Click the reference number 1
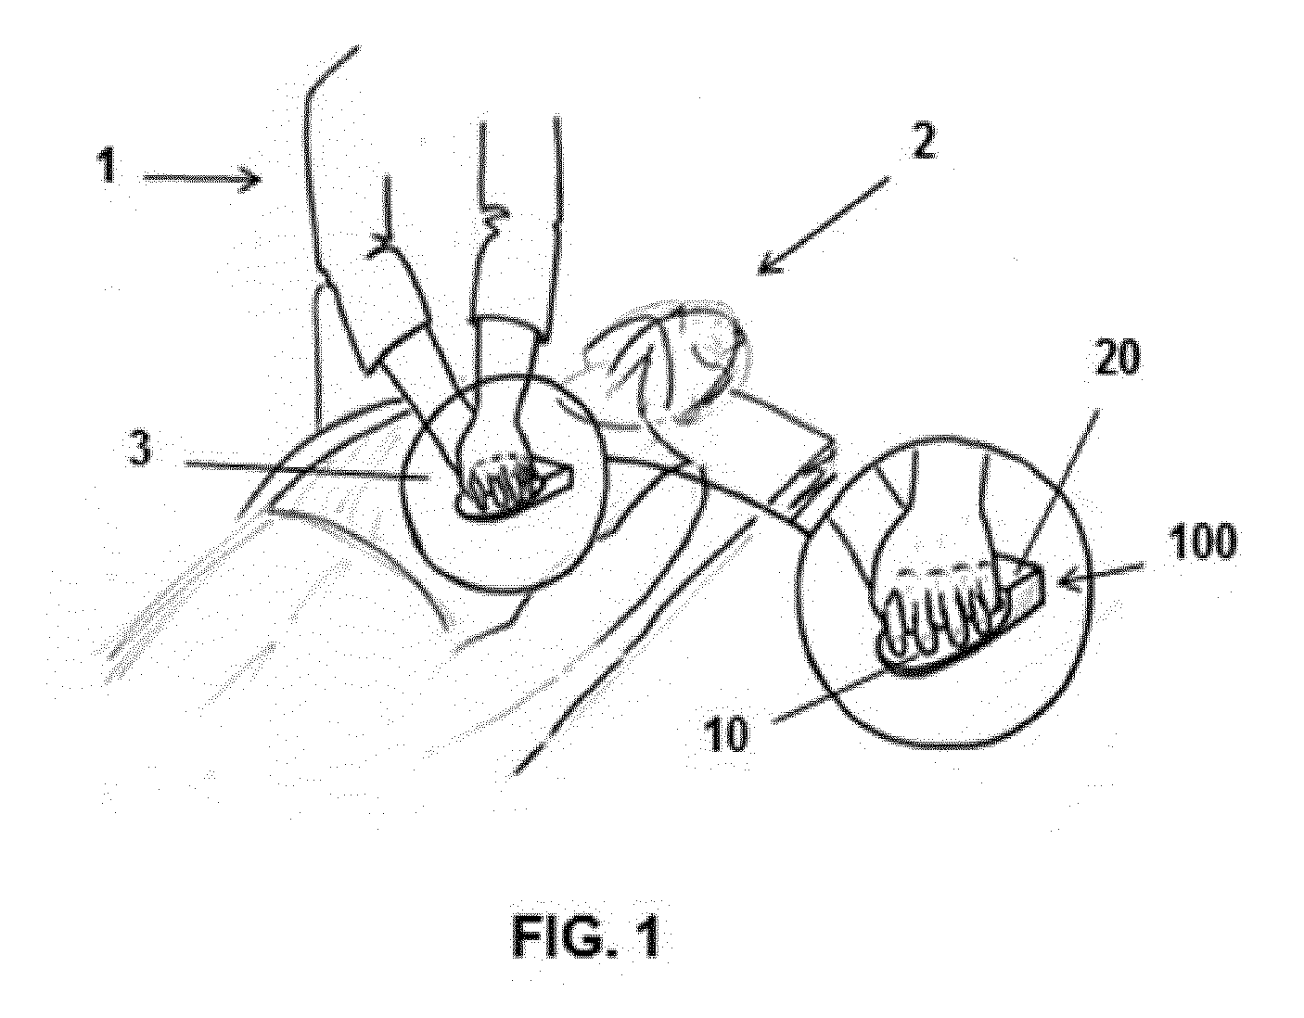(x=108, y=166)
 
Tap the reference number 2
(x=922, y=142)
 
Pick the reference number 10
(x=728, y=734)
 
